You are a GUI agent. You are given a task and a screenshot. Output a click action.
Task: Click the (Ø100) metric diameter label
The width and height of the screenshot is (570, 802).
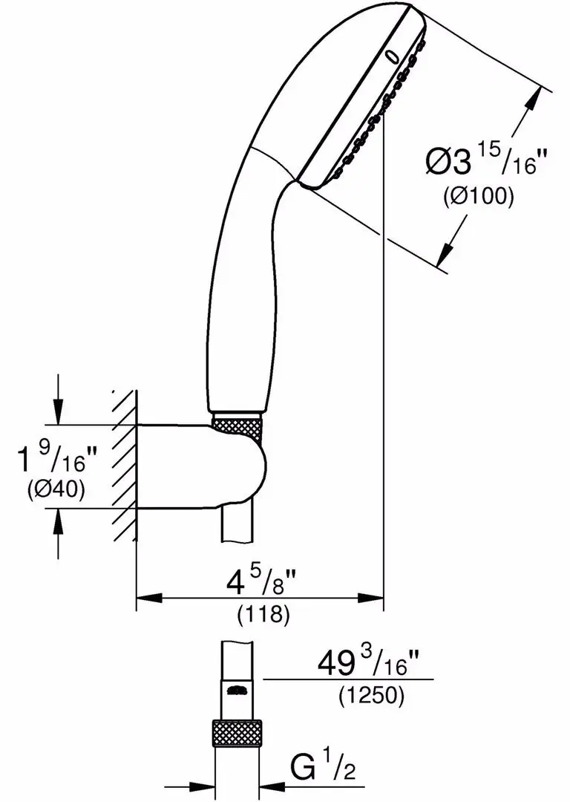pos(479,197)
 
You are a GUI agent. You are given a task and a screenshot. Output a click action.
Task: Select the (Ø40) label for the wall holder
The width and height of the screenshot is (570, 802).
pos(56,489)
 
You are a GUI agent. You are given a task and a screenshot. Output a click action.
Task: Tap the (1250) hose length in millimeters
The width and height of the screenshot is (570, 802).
pos(370,696)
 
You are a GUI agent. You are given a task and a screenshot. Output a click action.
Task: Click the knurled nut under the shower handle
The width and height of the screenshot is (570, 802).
pos(237,428)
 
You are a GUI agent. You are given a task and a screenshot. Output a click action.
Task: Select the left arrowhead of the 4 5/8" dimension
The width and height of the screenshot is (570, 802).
pos(145,598)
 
